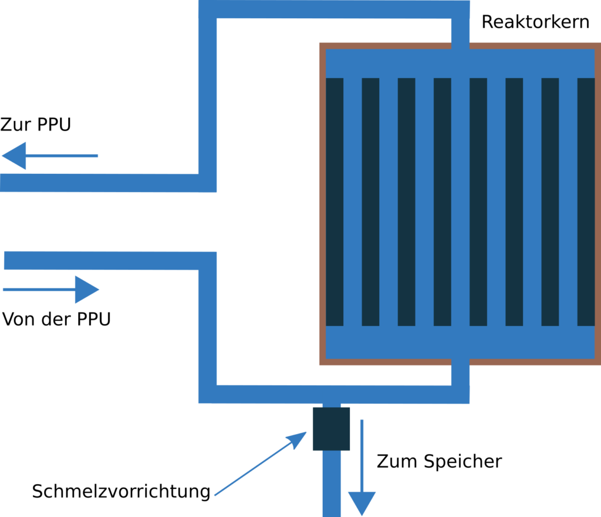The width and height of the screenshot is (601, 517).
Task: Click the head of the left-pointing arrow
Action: tap(14, 156)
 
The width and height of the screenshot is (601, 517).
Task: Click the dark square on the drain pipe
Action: tap(331, 429)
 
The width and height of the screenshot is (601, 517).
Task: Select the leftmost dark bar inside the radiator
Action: tap(335, 202)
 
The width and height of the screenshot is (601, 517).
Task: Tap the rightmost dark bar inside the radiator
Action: tap(586, 202)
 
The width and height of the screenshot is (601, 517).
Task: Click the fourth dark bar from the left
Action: tap(443, 202)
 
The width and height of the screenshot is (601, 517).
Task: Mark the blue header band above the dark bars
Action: tap(460, 63)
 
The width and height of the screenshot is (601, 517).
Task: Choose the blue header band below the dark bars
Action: tap(460, 341)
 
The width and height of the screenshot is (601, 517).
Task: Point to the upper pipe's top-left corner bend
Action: tap(208, 9)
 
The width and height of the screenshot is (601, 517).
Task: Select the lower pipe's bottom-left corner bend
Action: tap(208, 394)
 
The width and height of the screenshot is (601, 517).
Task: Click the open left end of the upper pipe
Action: tap(5, 183)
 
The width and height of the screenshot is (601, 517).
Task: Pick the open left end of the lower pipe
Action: tap(8, 260)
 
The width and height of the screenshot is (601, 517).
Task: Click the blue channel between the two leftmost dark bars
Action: tap(353, 202)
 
